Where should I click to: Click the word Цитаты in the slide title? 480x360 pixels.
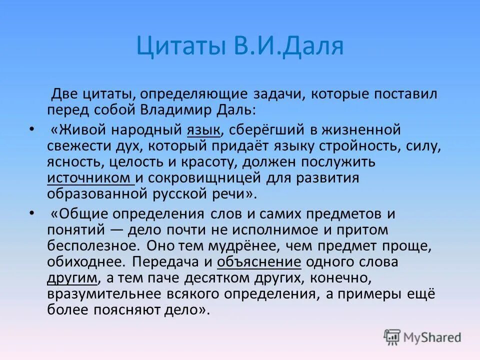click(181, 46)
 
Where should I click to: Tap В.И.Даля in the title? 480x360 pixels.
click(287, 46)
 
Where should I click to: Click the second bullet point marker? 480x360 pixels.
click(32, 213)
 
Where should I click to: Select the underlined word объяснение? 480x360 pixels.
click(259, 262)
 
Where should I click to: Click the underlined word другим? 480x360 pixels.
click(72, 278)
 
